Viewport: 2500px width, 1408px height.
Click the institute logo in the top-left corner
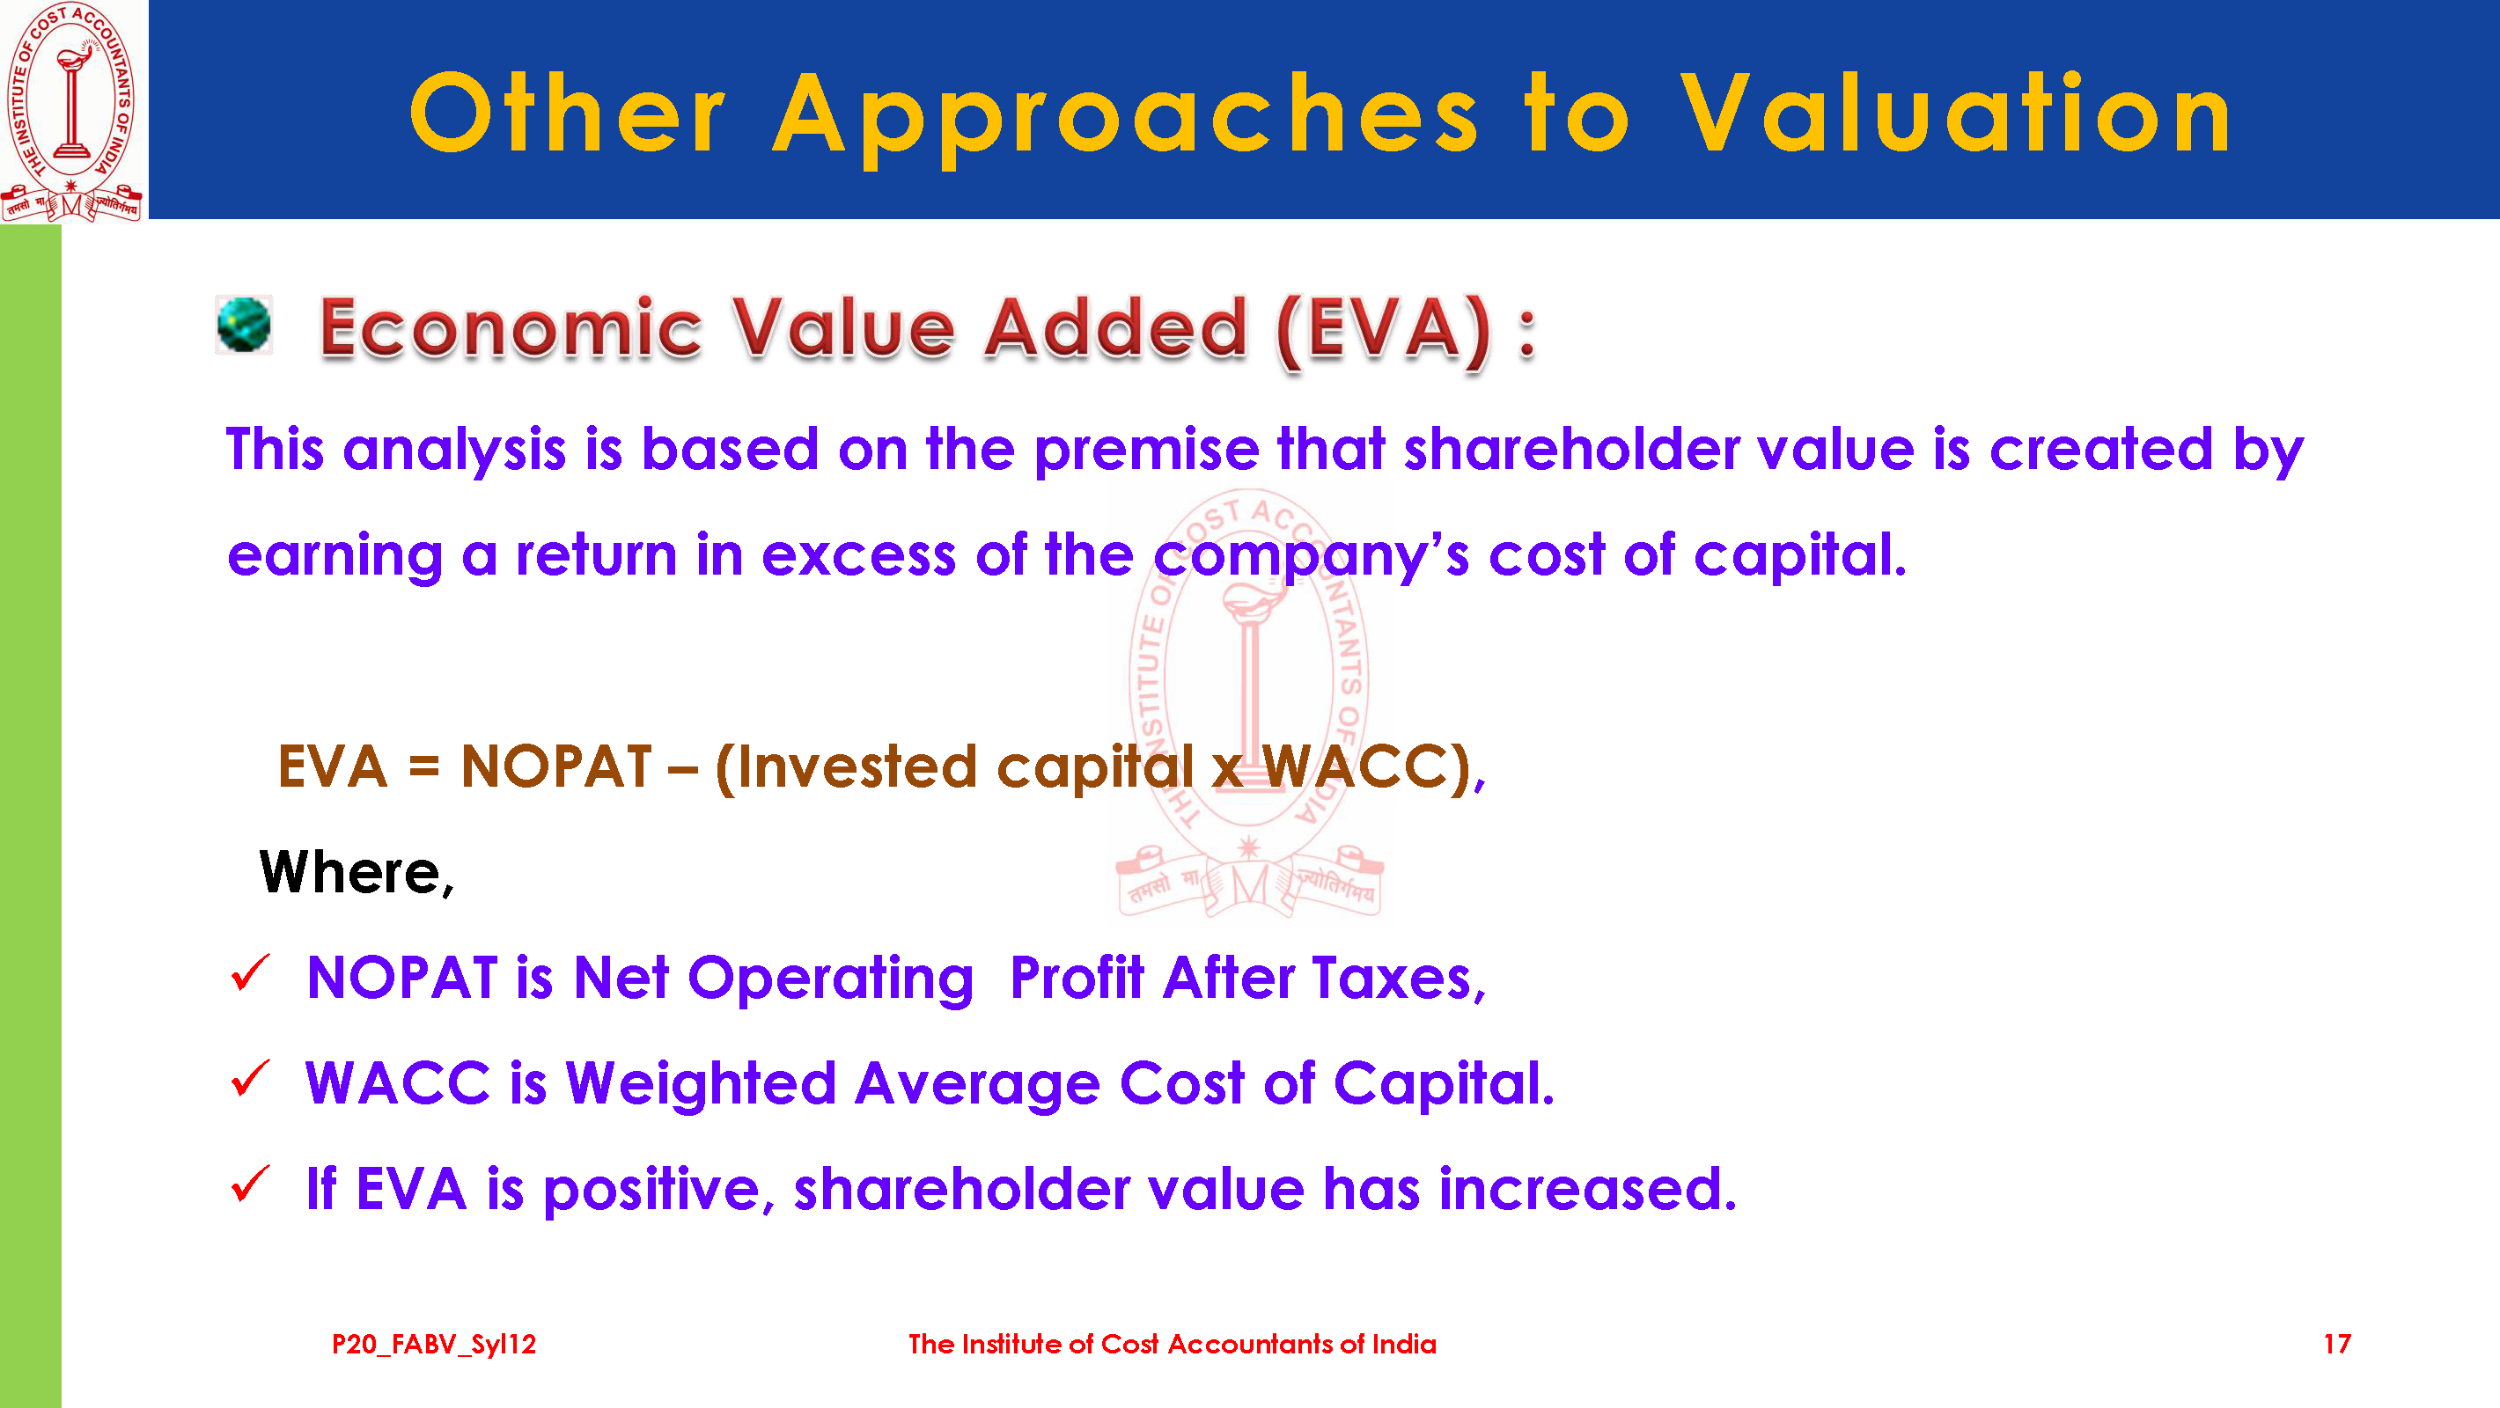72,111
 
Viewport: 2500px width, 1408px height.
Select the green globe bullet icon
244,324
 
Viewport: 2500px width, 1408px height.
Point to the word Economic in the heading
511,328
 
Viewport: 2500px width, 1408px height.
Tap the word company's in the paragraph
1311,556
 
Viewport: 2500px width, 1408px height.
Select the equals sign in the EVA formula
424,767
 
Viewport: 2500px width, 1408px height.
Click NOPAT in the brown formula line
556,766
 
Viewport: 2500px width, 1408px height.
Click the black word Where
357,872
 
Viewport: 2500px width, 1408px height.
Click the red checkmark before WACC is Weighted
250,1078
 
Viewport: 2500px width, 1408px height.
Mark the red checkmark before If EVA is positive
250,1184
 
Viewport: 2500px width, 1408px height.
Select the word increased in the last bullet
1588,1189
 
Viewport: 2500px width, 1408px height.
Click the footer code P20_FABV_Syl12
434,1344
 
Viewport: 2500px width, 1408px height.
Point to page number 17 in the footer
2337,1344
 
